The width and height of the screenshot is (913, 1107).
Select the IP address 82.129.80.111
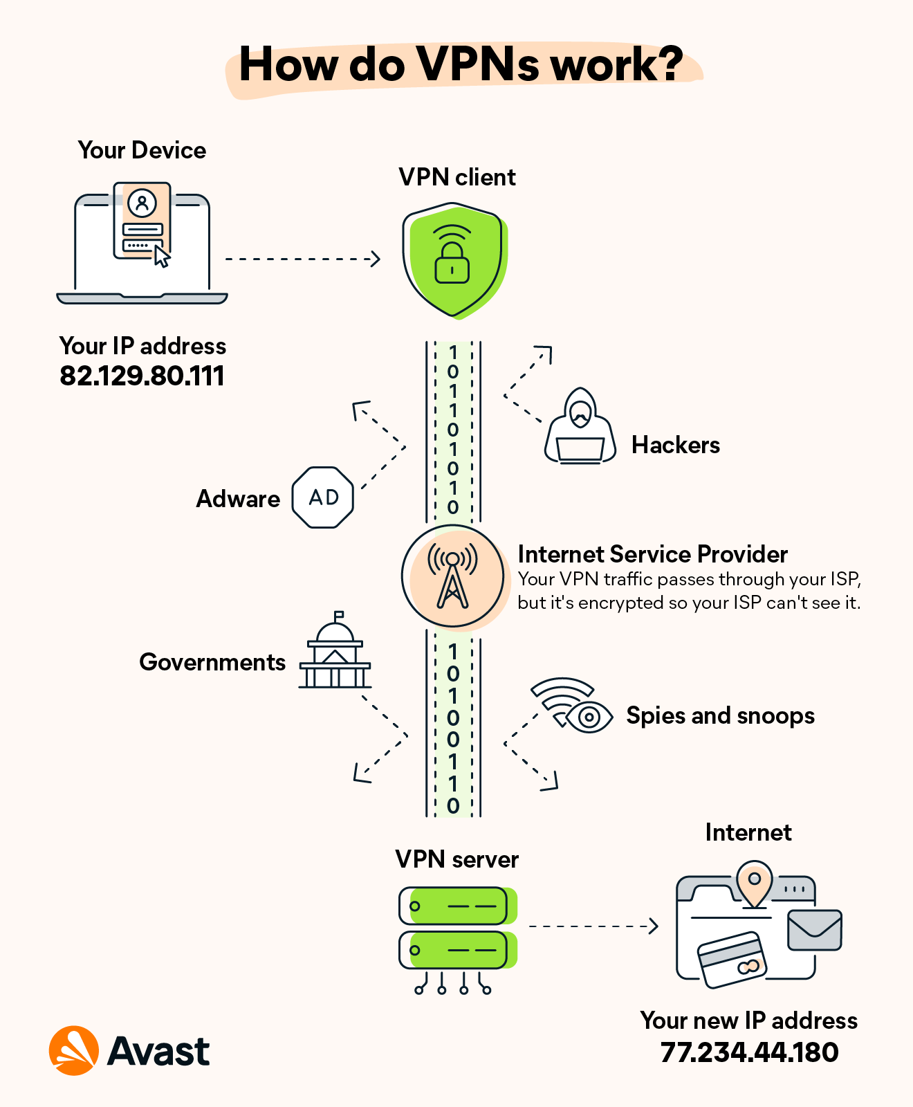point(142,376)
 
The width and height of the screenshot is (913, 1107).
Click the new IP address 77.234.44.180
point(749,1052)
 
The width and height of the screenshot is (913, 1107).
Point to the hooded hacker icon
point(580,427)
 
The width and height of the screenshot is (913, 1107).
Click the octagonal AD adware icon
point(323,497)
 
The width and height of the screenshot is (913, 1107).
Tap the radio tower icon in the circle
point(452,576)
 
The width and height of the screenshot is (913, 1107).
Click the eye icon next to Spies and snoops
point(589,717)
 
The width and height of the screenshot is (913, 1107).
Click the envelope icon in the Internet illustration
point(814,930)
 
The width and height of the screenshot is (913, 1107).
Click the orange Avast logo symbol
point(73,1050)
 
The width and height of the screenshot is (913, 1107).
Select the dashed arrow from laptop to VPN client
point(302,259)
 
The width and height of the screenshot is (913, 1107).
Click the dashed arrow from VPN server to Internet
point(593,926)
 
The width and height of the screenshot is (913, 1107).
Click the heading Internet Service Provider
point(652,554)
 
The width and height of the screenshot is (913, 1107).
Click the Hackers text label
point(675,445)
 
